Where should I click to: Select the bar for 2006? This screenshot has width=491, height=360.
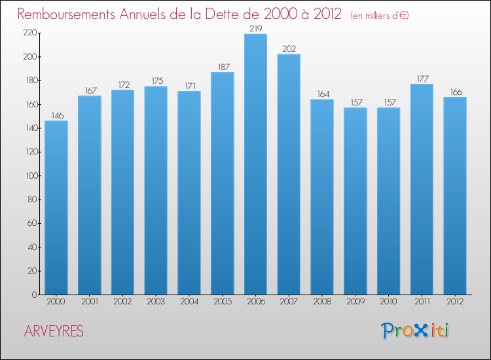point(255,164)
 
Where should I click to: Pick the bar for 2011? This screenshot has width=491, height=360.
point(422,189)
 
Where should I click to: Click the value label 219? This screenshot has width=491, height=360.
point(255,28)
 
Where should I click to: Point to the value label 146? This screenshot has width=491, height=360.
point(56,115)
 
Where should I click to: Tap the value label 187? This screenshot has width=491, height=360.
point(222,66)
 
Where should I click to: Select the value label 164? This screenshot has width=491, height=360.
point(322,94)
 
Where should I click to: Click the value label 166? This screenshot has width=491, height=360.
point(455,92)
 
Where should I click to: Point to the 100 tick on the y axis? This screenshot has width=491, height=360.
point(30,175)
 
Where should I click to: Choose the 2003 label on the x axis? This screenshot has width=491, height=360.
point(156,302)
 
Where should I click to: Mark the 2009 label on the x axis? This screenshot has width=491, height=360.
point(355,302)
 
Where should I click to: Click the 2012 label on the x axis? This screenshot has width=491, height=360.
point(455,302)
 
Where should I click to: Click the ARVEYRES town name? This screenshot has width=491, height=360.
point(54,331)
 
